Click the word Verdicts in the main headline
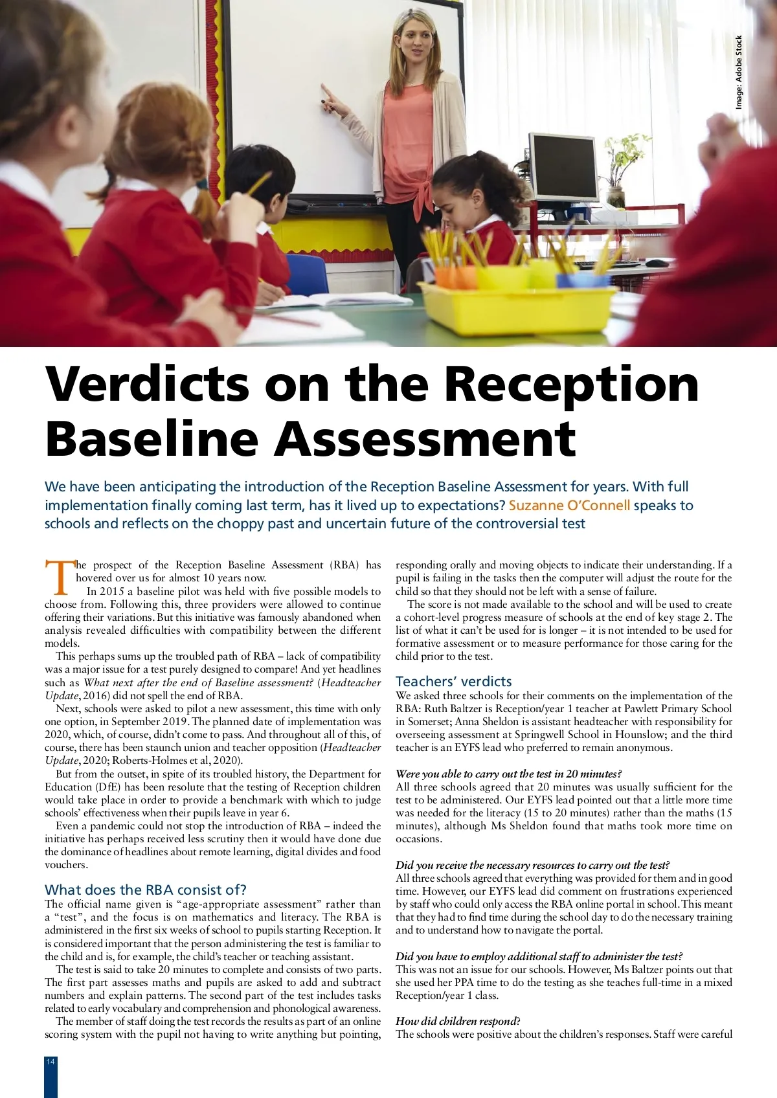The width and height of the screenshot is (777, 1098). pos(147,384)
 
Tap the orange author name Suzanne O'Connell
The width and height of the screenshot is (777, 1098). pos(569,505)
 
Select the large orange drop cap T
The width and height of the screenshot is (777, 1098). pos(60,577)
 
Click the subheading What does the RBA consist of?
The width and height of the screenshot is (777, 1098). pos(146,890)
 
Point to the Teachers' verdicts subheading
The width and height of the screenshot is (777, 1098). pos(453,681)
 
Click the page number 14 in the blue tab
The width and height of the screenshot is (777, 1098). pos(51,1062)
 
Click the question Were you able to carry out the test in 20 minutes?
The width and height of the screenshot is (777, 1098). pos(508,774)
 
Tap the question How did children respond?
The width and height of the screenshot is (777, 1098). pos(457,1021)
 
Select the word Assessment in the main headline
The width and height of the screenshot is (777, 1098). pos(425,439)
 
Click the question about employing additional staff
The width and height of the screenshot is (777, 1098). pos(539,956)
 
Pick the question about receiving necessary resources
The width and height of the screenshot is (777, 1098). pos(532,865)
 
